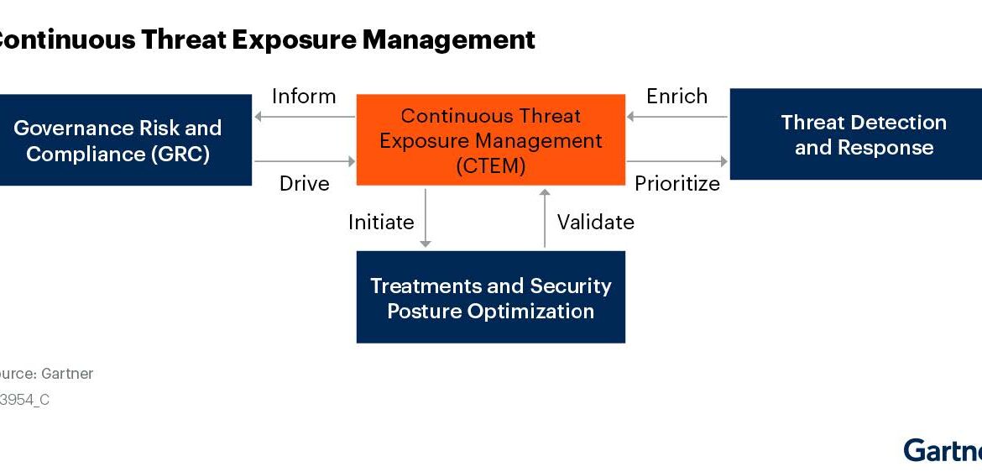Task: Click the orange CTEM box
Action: [x=490, y=139]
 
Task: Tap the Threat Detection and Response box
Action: [x=856, y=134]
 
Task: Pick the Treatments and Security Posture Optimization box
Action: [x=490, y=297]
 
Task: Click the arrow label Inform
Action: [x=304, y=97]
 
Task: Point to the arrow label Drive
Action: [x=304, y=183]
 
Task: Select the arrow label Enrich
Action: [x=676, y=97]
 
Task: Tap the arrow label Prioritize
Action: [x=677, y=183]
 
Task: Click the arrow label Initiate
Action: [x=381, y=222]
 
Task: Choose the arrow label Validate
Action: [x=596, y=222]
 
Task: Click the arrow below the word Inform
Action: [x=304, y=117]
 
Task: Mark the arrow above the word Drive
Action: [x=304, y=160]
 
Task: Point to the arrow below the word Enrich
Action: [x=677, y=117]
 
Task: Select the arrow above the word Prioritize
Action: [x=677, y=160]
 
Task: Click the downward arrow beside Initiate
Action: [x=426, y=218]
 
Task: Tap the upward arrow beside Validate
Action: [x=545, y=218]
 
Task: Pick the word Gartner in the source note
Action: [x=67, y=374]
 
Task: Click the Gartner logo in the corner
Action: [x=943, y=450]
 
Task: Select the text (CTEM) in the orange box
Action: [x=491, y=165]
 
